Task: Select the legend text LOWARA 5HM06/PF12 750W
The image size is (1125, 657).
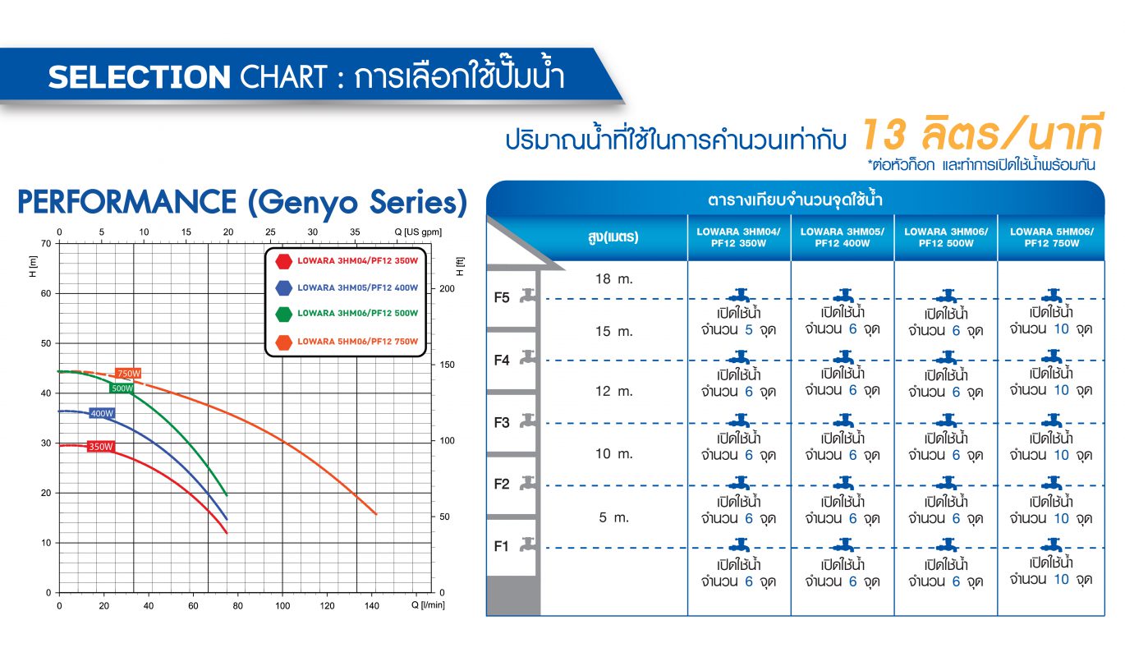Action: pos(357,342)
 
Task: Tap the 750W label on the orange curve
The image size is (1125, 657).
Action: pos(128,373)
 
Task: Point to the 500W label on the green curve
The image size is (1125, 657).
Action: pos(122,388)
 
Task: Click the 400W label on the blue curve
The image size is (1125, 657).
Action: pos(102,413)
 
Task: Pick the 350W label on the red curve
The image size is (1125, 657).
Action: pos(100,447)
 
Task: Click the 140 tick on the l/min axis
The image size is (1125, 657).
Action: pos(372,606)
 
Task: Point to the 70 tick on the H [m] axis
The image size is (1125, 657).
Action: pos(46,244)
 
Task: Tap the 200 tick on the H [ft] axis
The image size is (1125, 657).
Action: pos(447,289)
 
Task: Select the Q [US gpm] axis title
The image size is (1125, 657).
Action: pos(418,232)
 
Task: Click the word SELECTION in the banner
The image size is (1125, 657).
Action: pos(139,77)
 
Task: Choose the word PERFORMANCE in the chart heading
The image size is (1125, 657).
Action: pos(127,202)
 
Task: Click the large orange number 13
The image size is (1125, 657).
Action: pos(884,135)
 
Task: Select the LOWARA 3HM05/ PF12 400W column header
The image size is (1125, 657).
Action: pos(843,237)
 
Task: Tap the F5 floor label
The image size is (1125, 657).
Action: pos(502,298)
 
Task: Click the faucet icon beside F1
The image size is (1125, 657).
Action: pos(528,544)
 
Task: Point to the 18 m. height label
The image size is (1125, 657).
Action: pos(613,278)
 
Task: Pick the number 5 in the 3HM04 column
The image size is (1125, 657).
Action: pos(749,330)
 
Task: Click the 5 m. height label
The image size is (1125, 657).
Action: pos(613,517)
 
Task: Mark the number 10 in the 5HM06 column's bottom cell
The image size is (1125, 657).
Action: pos(1061,579)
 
